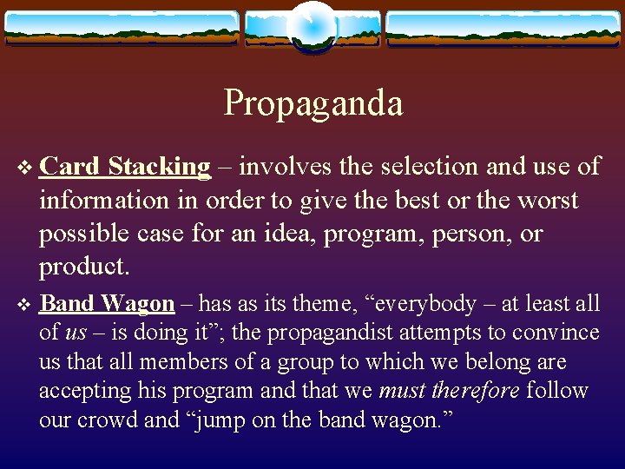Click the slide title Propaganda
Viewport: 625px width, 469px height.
click(x=313, y=103)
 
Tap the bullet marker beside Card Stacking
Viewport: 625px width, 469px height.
click(x=24, y=167)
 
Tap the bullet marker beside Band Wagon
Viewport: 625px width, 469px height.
click(x=24, y=304)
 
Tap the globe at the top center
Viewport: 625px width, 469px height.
click(x=312, y=26)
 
